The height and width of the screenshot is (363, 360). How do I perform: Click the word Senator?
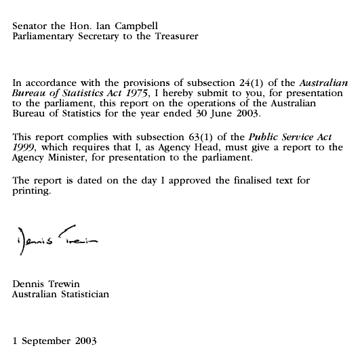[31, 26]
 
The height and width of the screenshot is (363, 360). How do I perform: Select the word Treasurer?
[175, 36]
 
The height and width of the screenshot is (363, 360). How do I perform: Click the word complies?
[91, 137]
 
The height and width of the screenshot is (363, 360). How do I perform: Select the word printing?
[31, 191]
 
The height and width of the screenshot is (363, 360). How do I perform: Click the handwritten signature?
[54, 240]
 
